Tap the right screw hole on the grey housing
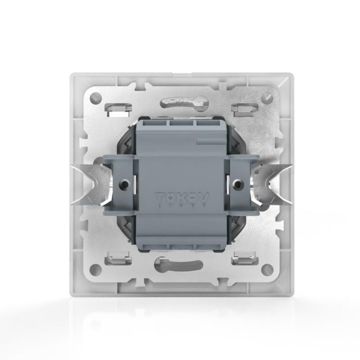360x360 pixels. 239,182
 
